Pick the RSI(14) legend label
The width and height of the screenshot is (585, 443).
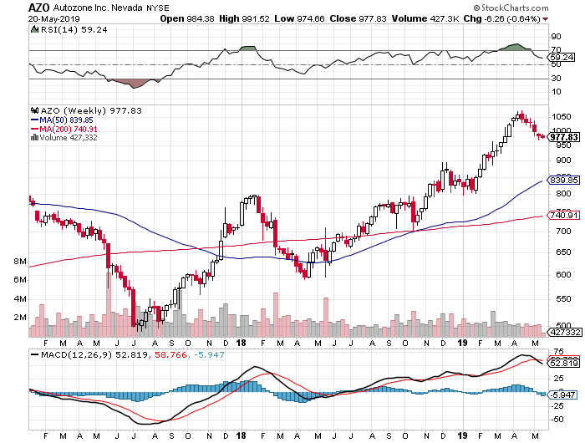coord(53,28)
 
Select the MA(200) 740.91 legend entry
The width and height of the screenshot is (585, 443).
coord(64,130)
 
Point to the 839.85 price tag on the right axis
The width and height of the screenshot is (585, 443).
coord(562,180)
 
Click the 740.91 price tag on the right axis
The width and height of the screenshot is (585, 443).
coord(562,216)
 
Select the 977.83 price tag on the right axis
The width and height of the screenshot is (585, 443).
coord(562,137)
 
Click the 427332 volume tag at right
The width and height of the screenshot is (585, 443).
coord(562,332)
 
